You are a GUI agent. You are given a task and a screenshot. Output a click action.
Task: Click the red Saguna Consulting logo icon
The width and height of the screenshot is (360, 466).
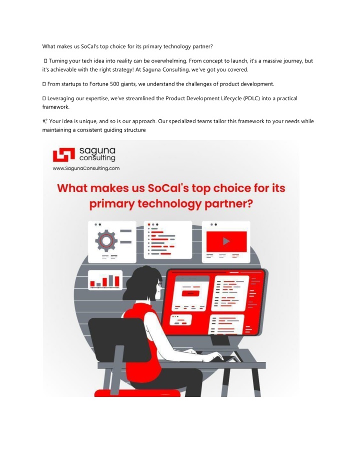[63, 155]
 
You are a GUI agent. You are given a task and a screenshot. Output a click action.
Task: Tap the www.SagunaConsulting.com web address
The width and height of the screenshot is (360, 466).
[86, 168]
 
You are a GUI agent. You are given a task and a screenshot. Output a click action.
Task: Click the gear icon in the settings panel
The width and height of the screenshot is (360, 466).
[106, 240]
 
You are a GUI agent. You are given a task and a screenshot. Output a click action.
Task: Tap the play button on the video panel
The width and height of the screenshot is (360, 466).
[226, 241]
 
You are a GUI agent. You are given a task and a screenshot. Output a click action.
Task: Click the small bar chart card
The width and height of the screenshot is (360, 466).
[105, 280]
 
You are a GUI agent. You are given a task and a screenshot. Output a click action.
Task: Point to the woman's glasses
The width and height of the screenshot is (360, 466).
[159, 285]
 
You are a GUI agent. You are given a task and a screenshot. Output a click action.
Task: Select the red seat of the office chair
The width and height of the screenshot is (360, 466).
[137, 393]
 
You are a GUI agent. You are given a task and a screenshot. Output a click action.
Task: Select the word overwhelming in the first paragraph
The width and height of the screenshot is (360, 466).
[169, 61]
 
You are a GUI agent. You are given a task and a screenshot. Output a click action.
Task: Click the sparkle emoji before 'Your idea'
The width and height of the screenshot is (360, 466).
[45, 121]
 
